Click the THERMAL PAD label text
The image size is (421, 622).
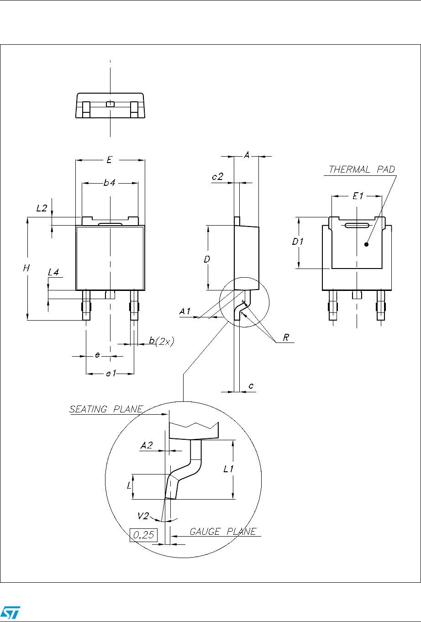tap(362, 169)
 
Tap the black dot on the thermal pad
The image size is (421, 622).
tap(366, 244)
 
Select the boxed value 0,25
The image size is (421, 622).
tap(143, 535)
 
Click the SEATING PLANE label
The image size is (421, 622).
tap(106, 409)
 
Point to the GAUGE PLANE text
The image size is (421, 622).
tap(223, 532)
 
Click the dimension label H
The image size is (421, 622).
tap(26, 268)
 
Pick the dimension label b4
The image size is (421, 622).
tap(109, 183)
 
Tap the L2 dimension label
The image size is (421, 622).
tap(42, 208)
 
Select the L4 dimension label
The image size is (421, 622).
tap(53, 272)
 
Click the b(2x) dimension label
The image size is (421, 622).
tap(162, 341)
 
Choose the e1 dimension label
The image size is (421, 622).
tap(111, 374)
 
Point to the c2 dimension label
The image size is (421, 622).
tap(217, 177)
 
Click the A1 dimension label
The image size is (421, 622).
tap(184, 311)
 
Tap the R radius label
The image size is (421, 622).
tap(286, 337)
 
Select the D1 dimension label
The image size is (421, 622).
tap(297, 242)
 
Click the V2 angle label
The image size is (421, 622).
tap(143, 516)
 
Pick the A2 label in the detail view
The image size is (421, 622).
tap(147, 445)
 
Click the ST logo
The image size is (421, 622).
tap(11, 612)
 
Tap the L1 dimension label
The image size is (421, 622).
tap(228, 469)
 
